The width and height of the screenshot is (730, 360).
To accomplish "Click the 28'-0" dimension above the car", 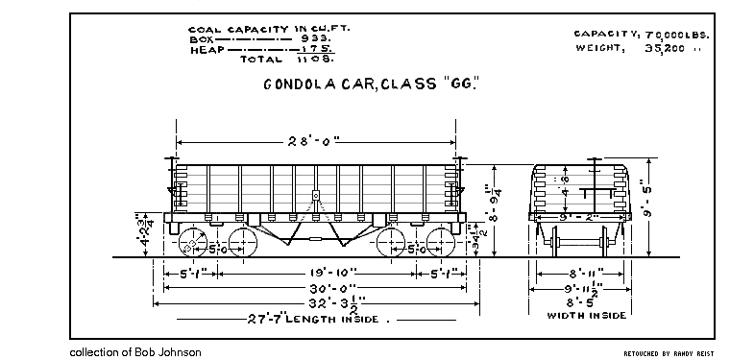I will coord(315,140).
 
